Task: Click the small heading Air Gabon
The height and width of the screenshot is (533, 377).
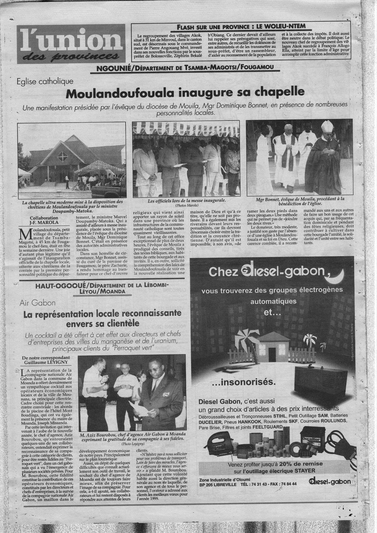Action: coord(34,302)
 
